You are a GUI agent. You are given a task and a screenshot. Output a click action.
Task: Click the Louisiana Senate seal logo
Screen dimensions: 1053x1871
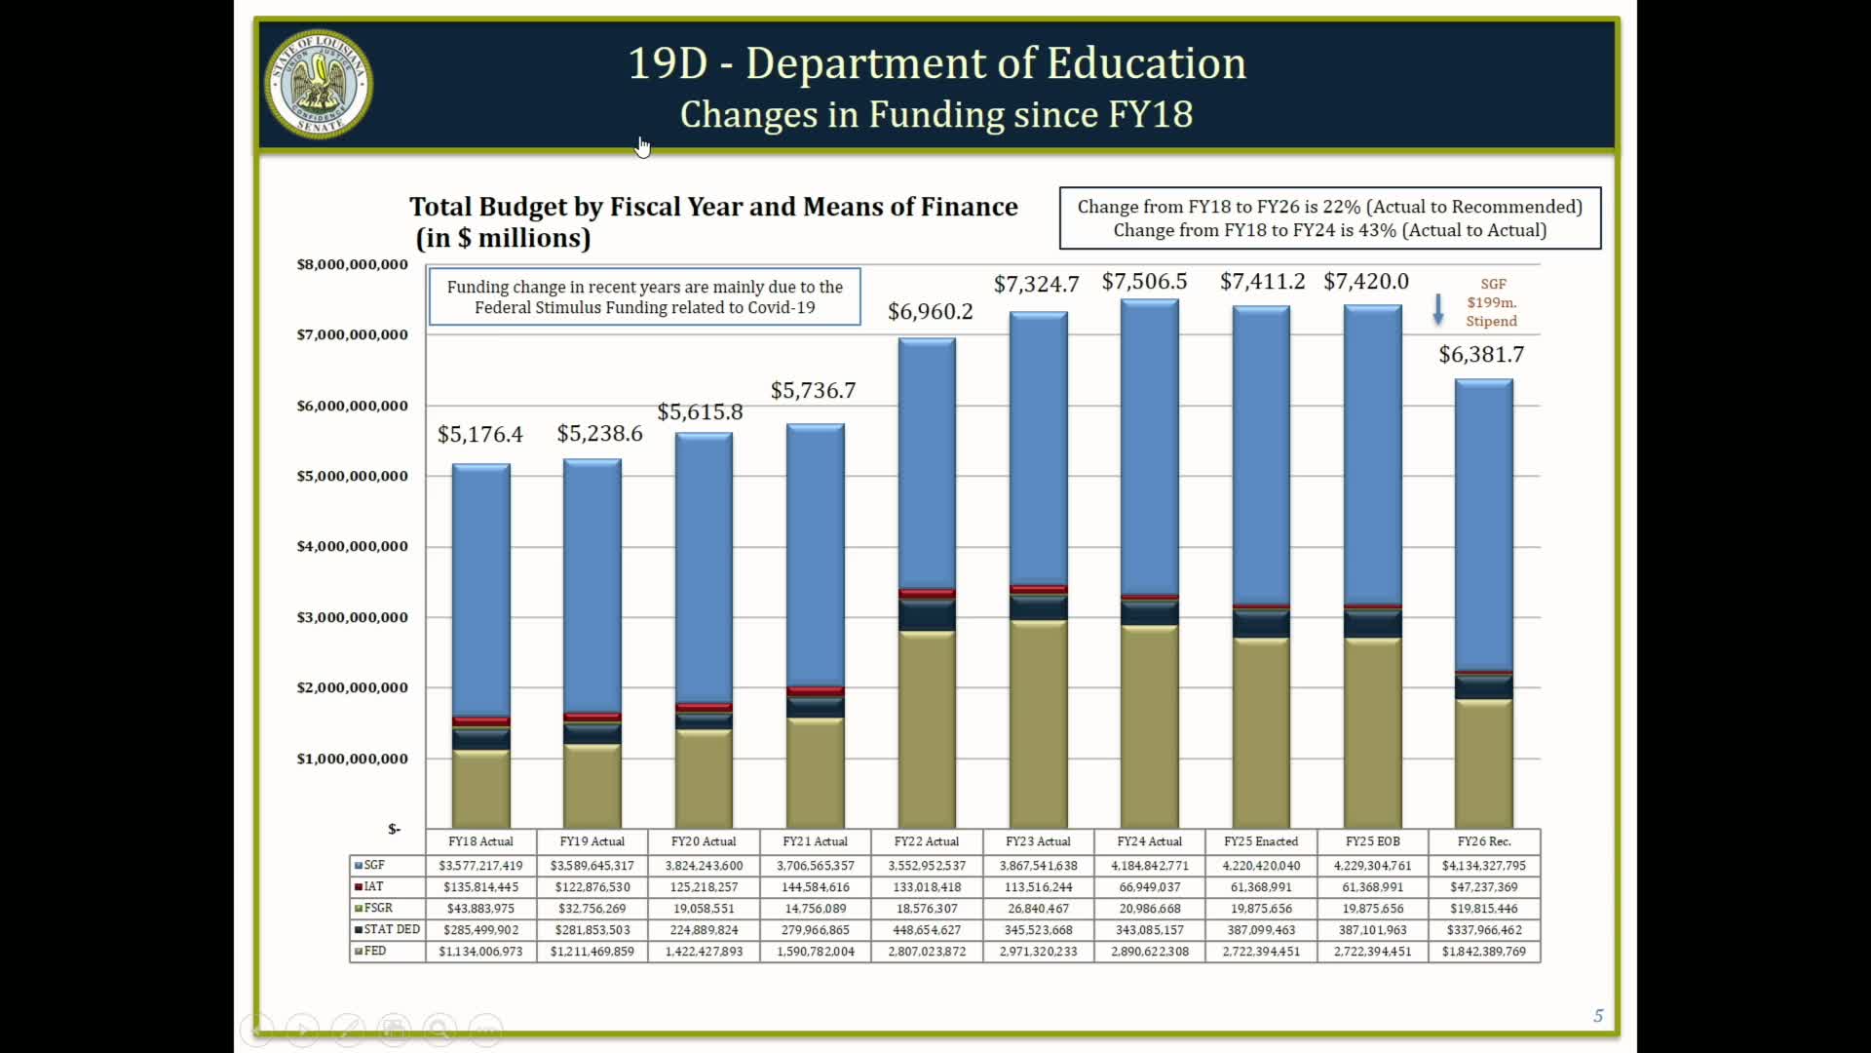pos(319,84)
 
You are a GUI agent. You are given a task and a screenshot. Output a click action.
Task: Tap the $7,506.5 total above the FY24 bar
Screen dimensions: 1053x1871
pos(1144,282)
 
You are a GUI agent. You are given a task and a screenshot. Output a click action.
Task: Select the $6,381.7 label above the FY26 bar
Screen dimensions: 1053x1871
pos(1481,355)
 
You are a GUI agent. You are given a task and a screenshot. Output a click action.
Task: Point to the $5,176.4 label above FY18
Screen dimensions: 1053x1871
pos(479,434)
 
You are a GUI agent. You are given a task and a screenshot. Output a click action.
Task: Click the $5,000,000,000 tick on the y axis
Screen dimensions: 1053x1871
pos(352,476)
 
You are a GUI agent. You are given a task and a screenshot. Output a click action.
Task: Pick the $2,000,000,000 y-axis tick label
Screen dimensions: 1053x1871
pos(352,687)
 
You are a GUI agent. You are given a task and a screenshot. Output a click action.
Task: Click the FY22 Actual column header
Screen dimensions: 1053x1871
pos(926,841)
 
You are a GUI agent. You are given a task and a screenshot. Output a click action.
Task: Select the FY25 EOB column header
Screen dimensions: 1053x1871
pos(1372,841)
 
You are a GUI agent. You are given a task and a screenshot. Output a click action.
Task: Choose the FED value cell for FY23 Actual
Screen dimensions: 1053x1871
pos(1038,952)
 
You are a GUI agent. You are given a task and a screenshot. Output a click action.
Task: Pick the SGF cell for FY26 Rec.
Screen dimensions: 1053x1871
pos(1483,866)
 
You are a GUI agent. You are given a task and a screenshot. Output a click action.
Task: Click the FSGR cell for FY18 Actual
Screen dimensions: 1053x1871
pos(480,909)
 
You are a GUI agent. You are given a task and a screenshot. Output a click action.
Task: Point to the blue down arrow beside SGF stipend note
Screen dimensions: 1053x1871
pos(1437,309)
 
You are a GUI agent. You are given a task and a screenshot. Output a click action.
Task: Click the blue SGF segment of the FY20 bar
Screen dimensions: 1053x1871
pos(704,565)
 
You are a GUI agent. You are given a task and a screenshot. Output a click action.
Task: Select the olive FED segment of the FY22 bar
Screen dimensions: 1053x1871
pos(927,731)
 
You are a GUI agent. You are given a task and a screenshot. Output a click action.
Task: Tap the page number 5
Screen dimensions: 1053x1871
pos(1598,1016)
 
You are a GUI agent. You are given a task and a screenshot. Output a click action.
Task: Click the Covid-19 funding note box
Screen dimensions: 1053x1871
pos(644,297)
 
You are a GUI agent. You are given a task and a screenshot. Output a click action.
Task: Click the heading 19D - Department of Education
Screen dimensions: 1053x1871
pos(936,63)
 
